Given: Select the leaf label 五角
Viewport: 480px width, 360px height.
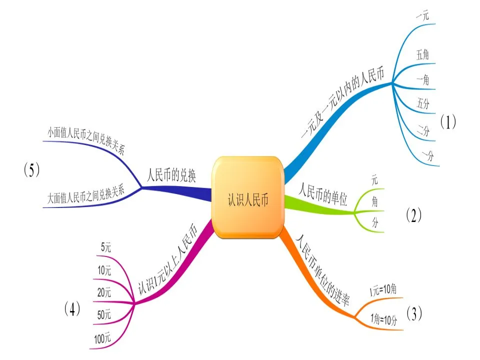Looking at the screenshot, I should pos(422,55).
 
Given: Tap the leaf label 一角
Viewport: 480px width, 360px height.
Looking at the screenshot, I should pos(422,79).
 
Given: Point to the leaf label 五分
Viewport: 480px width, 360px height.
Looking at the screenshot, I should pos(423,104).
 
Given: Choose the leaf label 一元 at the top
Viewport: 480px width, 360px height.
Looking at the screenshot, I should pos(422,15).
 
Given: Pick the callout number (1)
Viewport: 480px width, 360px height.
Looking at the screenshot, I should pos(448,122).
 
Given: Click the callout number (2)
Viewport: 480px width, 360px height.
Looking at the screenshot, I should pos(413,215).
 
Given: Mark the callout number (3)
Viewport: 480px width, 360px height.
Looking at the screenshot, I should pos(414,313).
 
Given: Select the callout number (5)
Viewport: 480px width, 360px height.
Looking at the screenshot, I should pos(31,170).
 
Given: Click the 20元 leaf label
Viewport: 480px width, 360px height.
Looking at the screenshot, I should pos(104,293).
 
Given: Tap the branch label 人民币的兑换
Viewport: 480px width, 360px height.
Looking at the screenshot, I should pos(171,176).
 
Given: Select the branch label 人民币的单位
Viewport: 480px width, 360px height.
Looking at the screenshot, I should pos(322,195).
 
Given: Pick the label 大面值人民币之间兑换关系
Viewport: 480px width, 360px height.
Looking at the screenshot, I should pos(85,195).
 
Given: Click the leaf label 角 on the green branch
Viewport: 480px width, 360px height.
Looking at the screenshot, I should pos(374,201).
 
